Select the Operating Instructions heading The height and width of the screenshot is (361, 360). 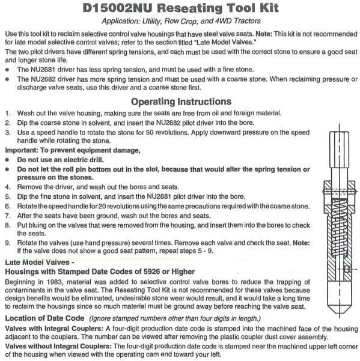click(x=180, y=101)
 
